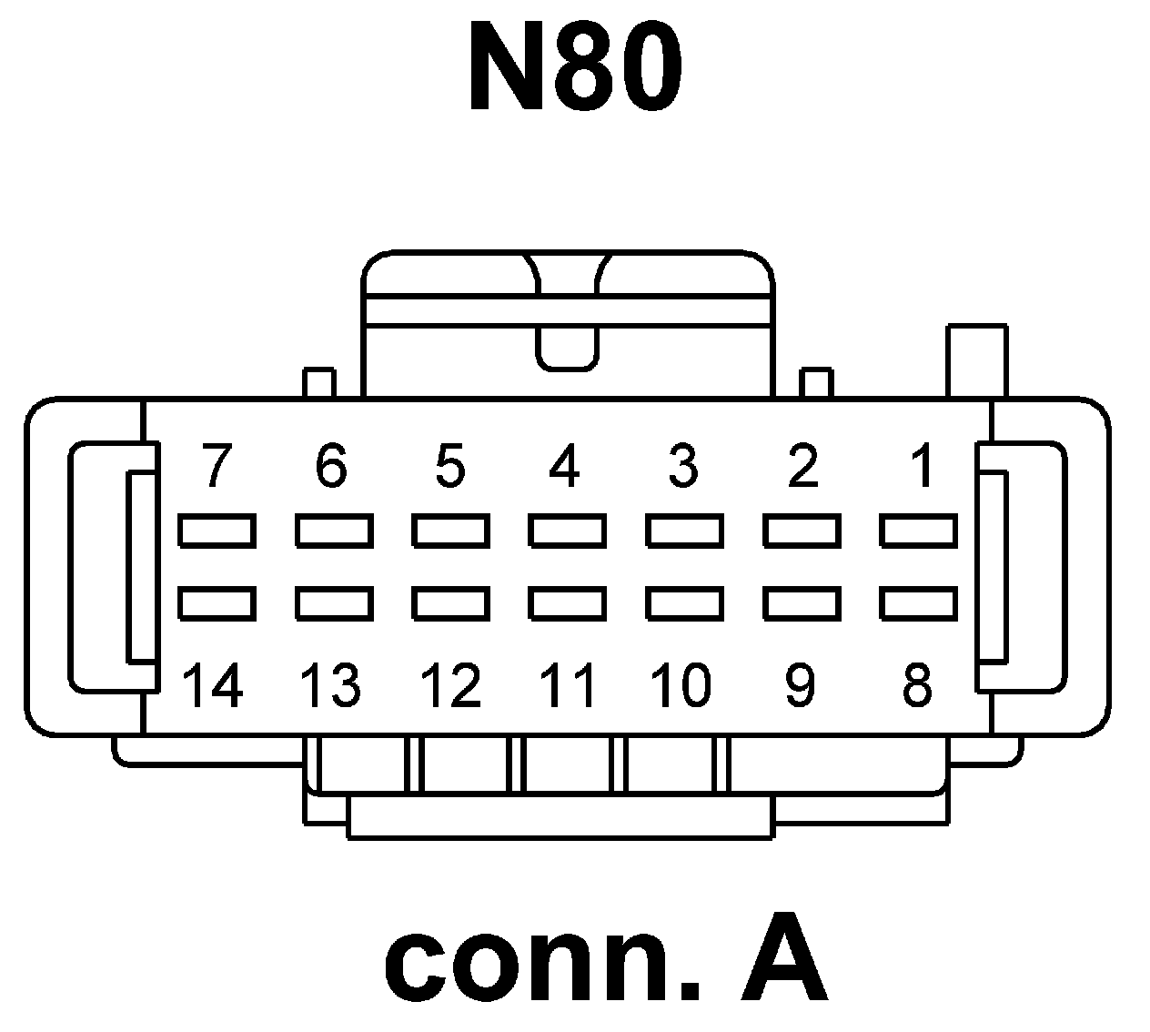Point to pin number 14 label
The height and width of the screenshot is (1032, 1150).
point(213,685)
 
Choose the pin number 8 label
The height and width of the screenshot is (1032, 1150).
point(916,685)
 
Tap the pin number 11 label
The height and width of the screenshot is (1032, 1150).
point(567,685)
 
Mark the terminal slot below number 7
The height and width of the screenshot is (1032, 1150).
point(217,531)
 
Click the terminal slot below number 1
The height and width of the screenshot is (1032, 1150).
point(918,531)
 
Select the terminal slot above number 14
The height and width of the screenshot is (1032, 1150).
point(217,602)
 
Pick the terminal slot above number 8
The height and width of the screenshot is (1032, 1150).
point(918,602)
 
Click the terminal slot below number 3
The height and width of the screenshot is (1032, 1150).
point(684,531)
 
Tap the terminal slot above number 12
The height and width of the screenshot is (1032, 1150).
point(450,602)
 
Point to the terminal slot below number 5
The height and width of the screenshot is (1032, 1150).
point(450,531)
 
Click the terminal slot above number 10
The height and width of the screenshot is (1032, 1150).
point(684,602)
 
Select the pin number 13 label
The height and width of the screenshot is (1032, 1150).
point(330,685)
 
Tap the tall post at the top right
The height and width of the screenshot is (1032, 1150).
point(977,360)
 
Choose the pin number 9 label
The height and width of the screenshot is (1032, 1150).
point(800,685)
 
